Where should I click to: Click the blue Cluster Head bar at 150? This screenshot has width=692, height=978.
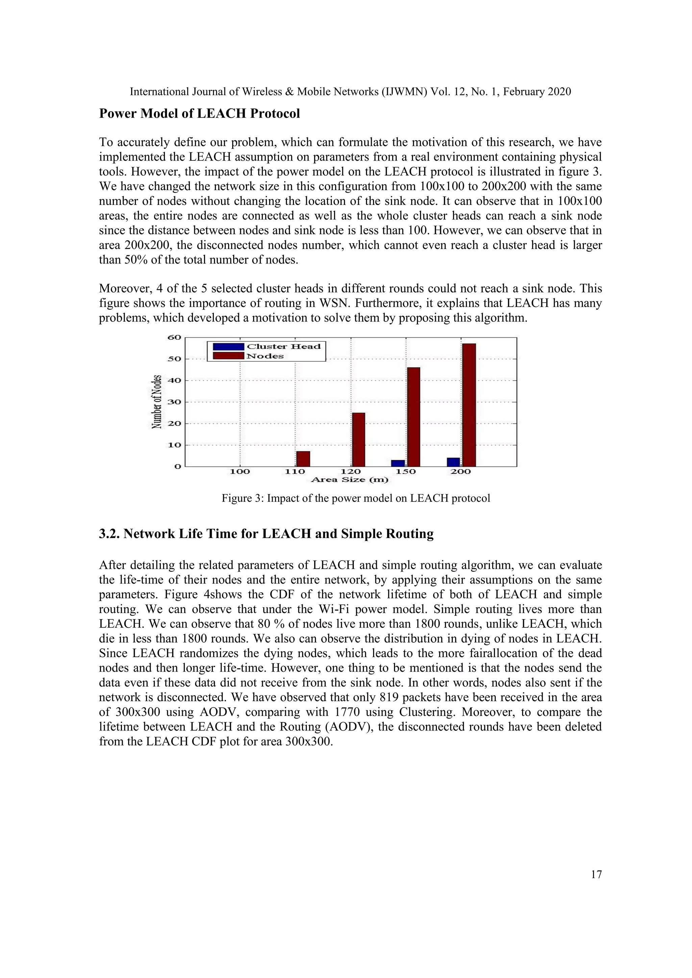pyautogui.click(x=398, y=463)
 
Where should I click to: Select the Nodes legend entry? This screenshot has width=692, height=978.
pyautogui.click(x=265, y=356)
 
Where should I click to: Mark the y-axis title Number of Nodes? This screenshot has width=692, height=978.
pyautogui.click(x=157, y=402)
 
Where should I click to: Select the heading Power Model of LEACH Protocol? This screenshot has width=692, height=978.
pyautogui.click(x=199, y=114)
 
